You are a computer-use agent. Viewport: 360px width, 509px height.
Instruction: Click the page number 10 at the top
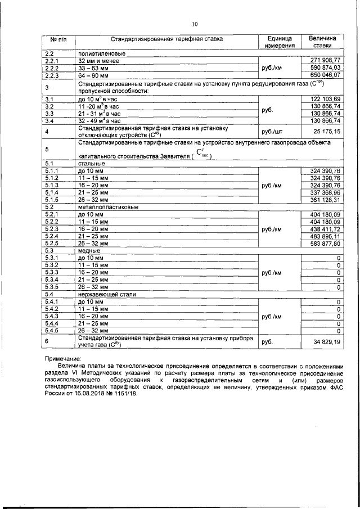(195, 24)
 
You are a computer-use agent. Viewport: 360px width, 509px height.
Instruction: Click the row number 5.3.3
(52, 272)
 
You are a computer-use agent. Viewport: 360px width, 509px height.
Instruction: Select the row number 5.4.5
(52, 331)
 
